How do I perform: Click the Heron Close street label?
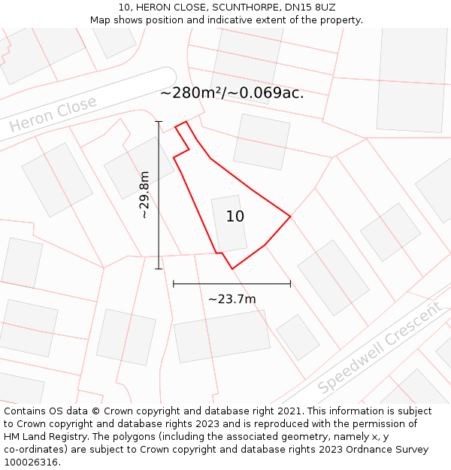pos(54,115)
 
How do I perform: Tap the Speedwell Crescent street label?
pos(380,348)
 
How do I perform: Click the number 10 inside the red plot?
pos(235,217)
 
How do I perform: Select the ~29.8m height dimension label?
pos(144,195)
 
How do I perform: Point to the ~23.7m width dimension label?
pos(232,299)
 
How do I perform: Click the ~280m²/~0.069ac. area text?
pos(232,93)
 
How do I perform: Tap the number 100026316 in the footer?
pos(31,462)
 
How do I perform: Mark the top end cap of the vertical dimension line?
pos(159,121)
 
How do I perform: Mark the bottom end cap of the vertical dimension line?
pos(159,268)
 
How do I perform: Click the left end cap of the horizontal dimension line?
pos(174,284)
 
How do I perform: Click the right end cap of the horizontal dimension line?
pos(290,284)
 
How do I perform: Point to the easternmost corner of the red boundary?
pos(290,217)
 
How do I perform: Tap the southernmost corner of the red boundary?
pos(232,268)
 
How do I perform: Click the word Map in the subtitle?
pos(101,20)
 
